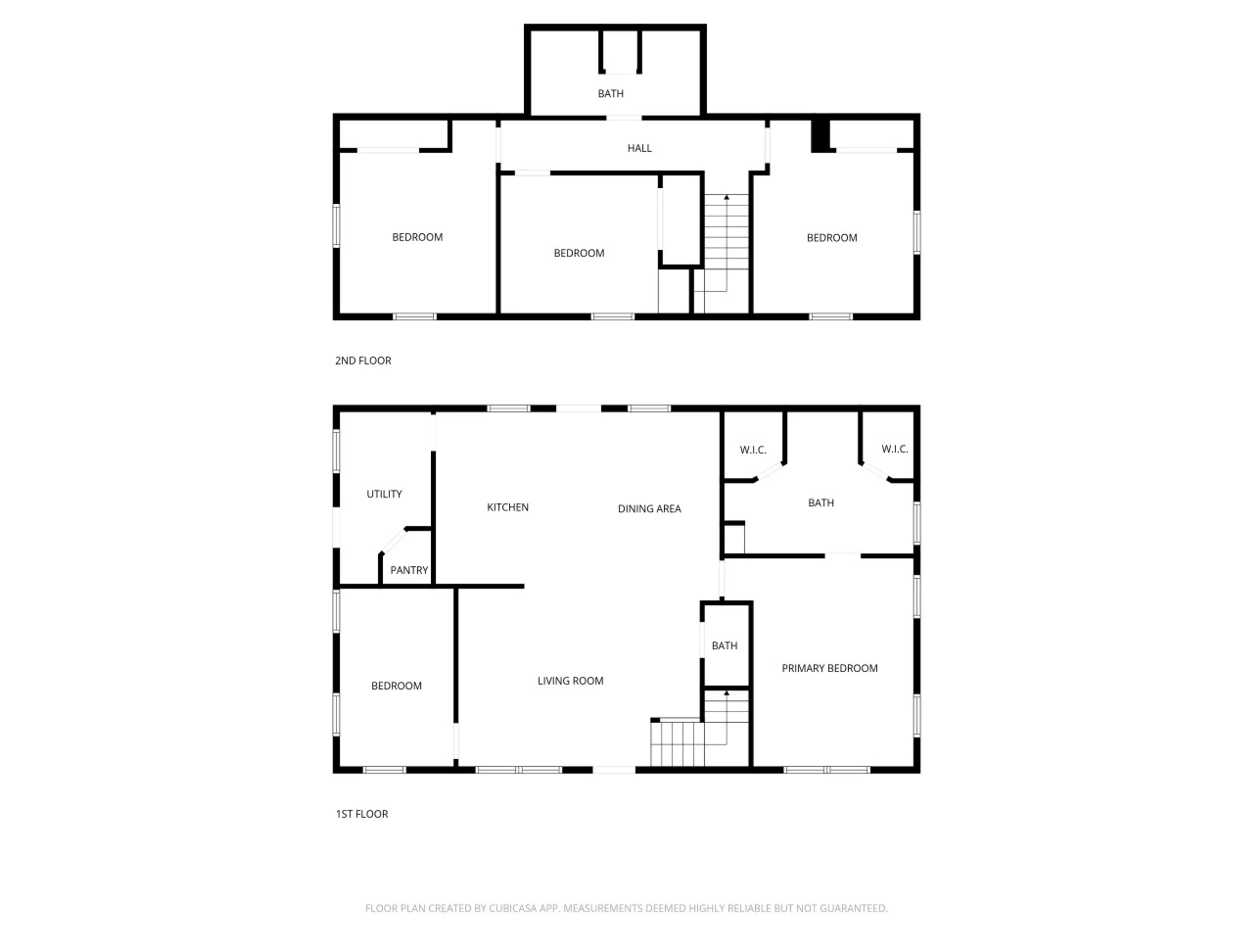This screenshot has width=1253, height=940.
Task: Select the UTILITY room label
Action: tap(384, 494)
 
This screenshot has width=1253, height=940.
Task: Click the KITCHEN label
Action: tap(507, 508)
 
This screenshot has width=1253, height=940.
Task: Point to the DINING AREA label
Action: tap(649, 509)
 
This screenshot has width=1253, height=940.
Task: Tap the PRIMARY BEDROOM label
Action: tap(829, 668)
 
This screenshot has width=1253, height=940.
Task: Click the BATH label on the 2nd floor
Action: tap(611, 93)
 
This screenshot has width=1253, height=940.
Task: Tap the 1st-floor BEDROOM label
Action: tap(396, 686)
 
